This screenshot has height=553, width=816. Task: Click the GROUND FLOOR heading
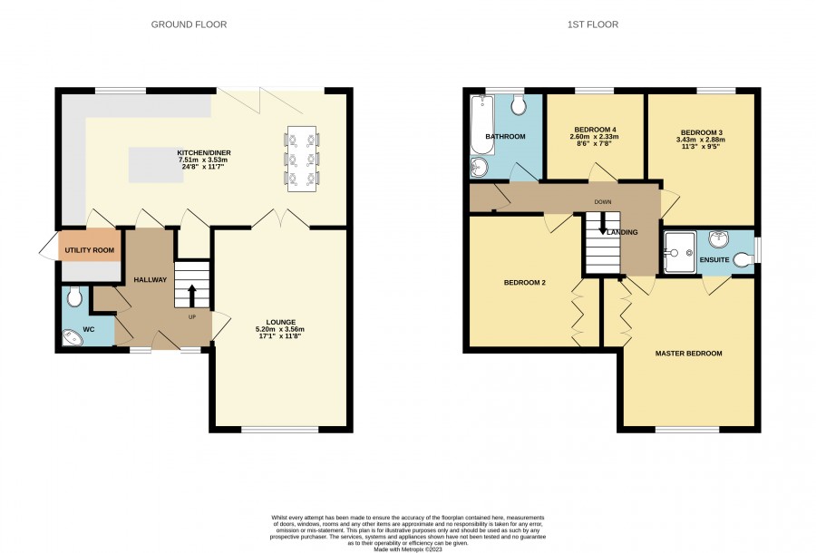click(189, 24)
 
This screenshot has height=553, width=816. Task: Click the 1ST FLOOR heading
click(593, 24)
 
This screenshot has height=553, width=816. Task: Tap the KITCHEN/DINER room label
click(204, 153)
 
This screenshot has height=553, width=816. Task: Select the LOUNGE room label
click(281, 322)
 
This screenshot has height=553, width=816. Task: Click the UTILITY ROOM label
click(90, 250)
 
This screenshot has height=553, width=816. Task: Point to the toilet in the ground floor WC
click(74, 296)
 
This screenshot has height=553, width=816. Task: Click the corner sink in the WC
click(72, 337)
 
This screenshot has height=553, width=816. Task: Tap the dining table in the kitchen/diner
click(302, 159)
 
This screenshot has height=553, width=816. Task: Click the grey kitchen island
click(156, 165)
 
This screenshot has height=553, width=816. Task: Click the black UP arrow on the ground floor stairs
click(191, 296)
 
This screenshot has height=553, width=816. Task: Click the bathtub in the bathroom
click(482, 125)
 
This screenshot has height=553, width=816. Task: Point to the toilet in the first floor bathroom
click(519, 104)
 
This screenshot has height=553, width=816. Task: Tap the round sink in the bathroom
click(480, 168)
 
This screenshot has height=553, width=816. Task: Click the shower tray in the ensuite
click(680, 252)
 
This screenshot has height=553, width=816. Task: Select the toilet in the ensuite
click(743, 258)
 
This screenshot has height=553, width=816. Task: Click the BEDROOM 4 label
click(596, 130)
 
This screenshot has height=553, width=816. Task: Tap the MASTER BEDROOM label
click(688, 354)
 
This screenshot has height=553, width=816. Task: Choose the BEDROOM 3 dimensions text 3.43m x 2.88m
click(701, 140)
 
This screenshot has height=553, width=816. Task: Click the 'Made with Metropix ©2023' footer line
click(408, 548)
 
